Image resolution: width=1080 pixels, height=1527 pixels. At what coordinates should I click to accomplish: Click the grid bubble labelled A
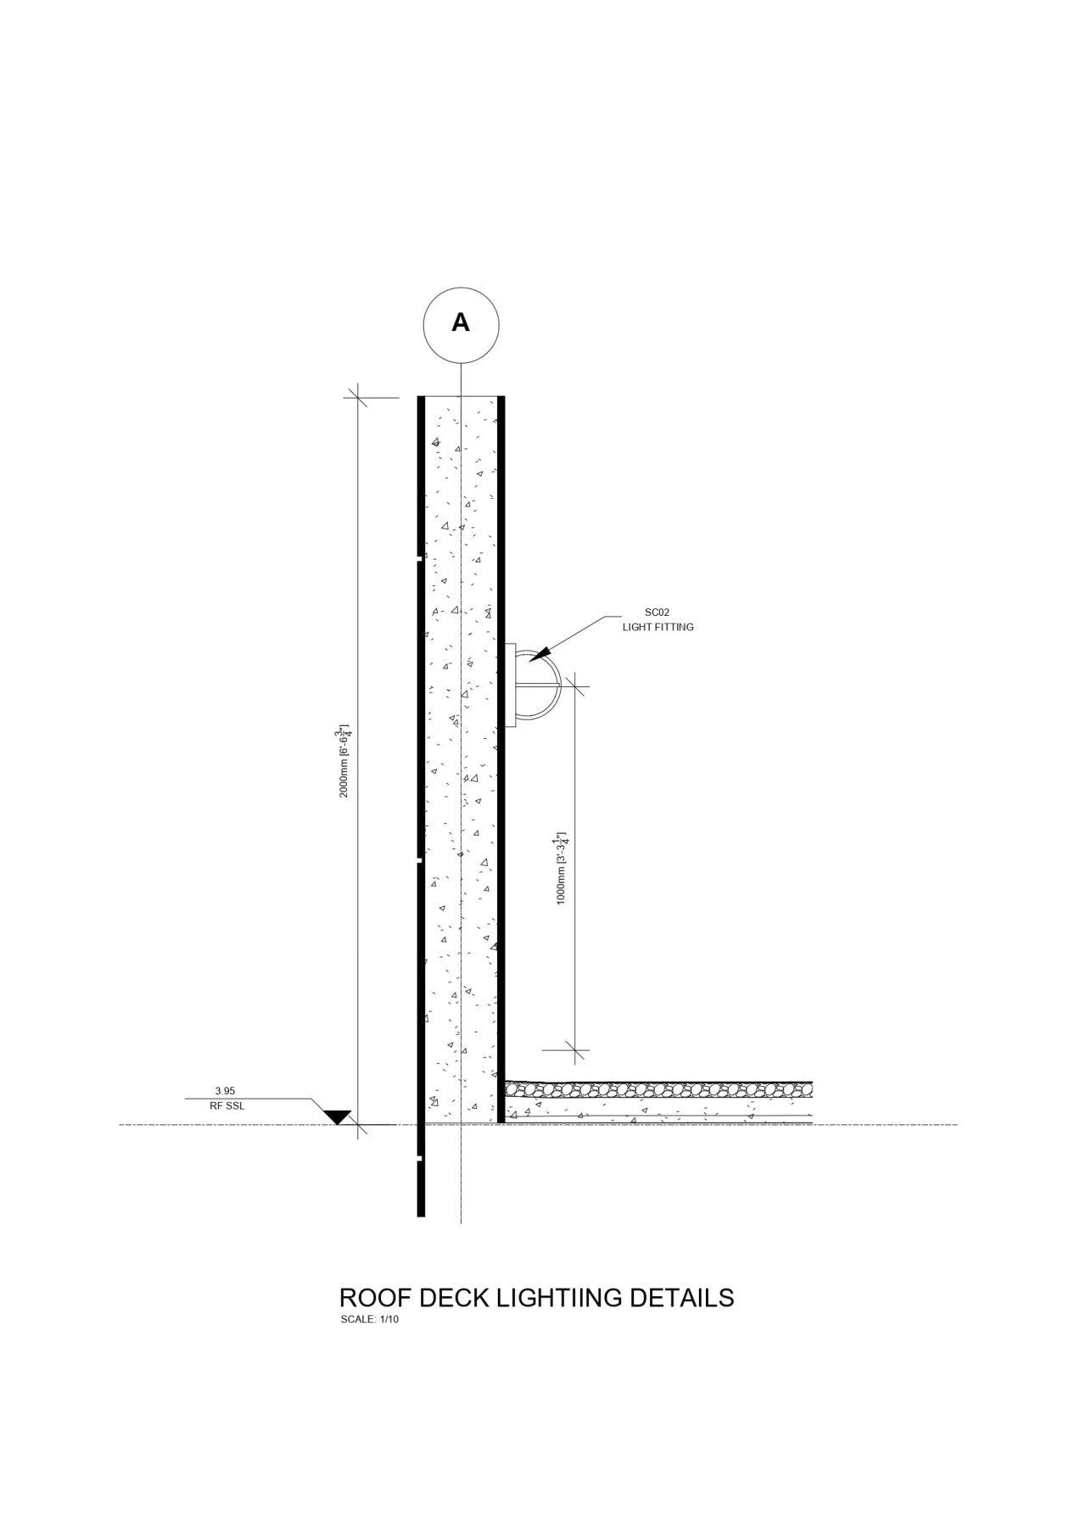click(x=461, y=324)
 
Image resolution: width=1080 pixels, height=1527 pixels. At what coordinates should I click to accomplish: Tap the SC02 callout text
click(x=658, y=612)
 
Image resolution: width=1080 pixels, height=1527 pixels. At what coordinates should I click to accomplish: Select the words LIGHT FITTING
click(x=658, y=627)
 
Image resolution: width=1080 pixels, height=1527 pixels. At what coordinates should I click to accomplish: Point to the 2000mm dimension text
click(x=344, y=761)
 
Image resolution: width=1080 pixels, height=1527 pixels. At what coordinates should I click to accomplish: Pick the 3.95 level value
click(x=225, y=1091)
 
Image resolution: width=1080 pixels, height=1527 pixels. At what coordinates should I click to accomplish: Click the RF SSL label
click(x=227, y=1105)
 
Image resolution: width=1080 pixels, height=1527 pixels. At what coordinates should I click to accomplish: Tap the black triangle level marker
click(x=339, y=1116)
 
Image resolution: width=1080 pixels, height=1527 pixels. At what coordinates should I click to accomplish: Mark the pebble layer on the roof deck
click(x=658, y=1088)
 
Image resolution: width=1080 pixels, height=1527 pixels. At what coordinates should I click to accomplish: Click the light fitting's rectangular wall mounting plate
click(x=511, y=685)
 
